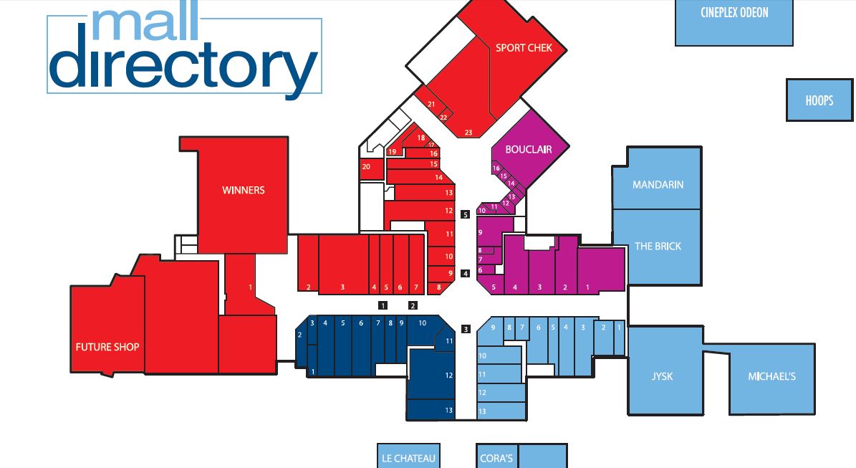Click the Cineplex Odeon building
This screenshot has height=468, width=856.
point(734,22)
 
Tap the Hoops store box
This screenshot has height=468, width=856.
point(819,100)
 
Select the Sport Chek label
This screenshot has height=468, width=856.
point(524,48)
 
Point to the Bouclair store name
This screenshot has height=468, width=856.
point(528,149)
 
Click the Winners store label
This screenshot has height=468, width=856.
point(243,190)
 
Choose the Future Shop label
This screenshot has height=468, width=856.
point(107,347)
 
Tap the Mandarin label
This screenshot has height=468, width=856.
point(658,185)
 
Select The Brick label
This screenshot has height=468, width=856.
point(658,247)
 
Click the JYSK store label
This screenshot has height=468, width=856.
point(662,376)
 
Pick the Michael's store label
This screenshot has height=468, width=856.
point(771,376)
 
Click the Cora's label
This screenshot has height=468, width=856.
point(496,459)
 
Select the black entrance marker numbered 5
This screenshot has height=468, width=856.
point(465,214)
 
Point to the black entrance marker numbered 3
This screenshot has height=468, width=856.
point(466,329)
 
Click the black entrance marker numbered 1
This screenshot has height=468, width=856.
point(383,305)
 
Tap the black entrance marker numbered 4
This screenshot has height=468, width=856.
point(465,274)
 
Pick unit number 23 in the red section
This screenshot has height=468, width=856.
point(468,132)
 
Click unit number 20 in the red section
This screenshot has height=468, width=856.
point(366,166)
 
